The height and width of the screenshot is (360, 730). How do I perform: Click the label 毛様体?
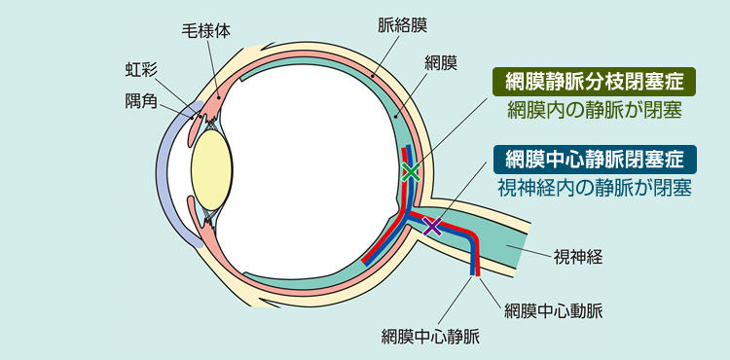[206, 30]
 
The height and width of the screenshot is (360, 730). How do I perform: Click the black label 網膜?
[441, 63]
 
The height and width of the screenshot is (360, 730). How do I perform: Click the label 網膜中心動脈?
[553, 311]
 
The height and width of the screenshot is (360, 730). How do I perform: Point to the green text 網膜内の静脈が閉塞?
[592, 110]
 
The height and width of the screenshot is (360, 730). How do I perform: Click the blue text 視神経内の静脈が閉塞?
[594, 186]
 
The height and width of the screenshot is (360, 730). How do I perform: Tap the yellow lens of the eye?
[210, 166]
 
